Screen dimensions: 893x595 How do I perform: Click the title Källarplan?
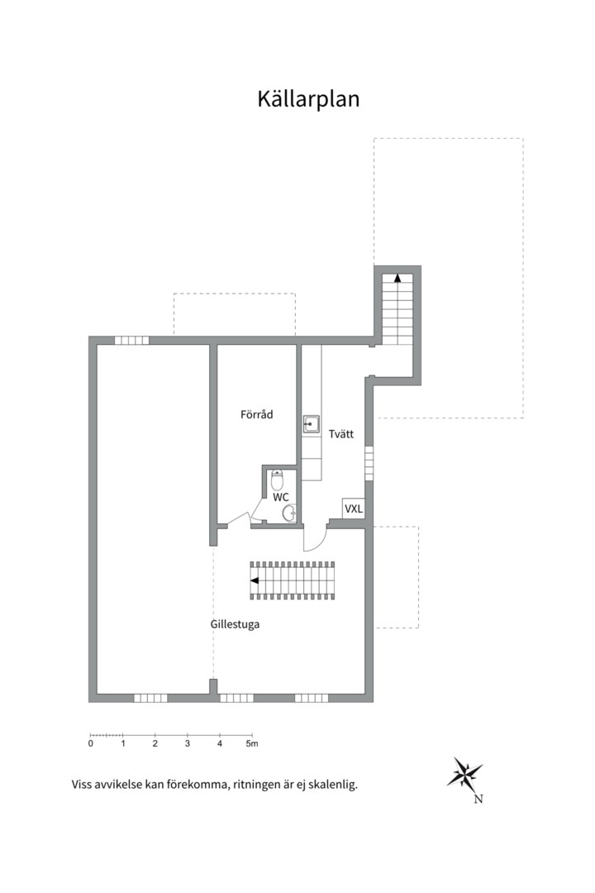(x=308, y=99)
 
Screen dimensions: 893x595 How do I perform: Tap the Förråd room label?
(x=256, y=415)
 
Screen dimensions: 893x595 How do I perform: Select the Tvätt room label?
(x=341, y=432)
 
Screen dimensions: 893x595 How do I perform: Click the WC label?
(x=281, y=498)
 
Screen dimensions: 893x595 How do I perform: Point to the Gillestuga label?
(x=235, y=624)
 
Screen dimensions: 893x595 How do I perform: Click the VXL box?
(x=354, y=509)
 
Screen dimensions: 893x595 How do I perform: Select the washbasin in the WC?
(x=288, y=514)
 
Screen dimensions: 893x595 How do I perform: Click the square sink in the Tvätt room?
(x=311, y=423)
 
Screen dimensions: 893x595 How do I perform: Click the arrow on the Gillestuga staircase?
(x=255, y=580)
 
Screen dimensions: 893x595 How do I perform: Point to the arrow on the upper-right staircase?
(x=397, y=279)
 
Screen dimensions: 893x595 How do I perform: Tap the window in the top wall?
(x=131, y=340)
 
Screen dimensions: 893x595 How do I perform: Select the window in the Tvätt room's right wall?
(x=369, y=463)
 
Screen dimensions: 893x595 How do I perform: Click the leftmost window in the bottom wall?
(x=150, y=698)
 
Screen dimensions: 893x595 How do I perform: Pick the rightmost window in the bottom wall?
(x=312, y=698)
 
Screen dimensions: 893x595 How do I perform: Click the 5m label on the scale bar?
(x=252, y=744)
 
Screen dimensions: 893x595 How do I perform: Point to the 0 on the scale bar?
(x=90, y=744)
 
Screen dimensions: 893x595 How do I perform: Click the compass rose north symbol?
(x=465, y=775)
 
